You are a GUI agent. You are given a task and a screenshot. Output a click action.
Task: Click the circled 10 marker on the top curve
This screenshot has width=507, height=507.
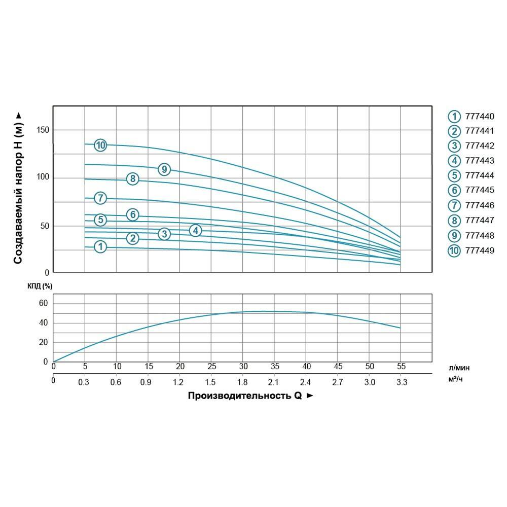(x=100, y=146)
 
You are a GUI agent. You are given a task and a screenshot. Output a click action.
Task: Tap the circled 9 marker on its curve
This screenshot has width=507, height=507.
(x=164, y=169)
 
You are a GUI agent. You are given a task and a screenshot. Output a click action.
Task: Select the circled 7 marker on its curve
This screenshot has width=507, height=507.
(x=100, y=198)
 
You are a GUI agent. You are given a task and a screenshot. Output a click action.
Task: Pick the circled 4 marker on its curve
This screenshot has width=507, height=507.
(x=196, y=231)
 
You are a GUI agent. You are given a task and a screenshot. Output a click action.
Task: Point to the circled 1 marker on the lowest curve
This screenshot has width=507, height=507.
(x=100, y=247)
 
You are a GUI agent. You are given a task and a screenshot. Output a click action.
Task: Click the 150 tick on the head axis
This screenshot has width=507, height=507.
(x=43, y=130)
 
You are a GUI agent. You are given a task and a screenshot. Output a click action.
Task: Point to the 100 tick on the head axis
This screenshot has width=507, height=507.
(x=43, y=177)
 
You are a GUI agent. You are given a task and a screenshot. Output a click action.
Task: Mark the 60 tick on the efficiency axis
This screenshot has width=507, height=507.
(x=43, y=303)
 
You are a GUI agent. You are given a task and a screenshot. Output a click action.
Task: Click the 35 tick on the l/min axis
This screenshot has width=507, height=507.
(x=275, y=367)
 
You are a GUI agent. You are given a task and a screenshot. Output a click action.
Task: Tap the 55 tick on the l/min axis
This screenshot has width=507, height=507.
(x=401, y=367)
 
